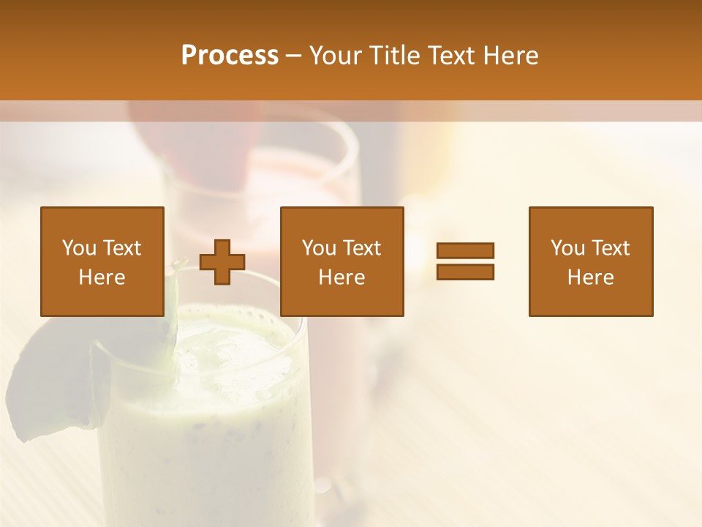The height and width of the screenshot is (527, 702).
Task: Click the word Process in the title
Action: [x=230, y=56]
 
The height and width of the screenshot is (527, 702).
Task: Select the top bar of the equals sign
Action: [x=465, y=250]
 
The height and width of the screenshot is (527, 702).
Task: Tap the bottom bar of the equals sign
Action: [x=465, y=272]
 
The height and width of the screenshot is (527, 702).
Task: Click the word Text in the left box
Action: [x=122, y=248]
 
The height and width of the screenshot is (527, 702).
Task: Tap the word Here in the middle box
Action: [x=342, y=277]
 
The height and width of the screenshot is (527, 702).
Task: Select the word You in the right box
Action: [x=568, y=248]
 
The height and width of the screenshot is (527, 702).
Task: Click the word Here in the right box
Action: [x=591, y=277]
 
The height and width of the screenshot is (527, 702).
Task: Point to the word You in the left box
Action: [x=80, y=248]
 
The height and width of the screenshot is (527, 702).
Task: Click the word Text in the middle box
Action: [x=362, y=248]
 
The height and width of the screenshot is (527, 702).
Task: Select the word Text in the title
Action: [x=451, y=56]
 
